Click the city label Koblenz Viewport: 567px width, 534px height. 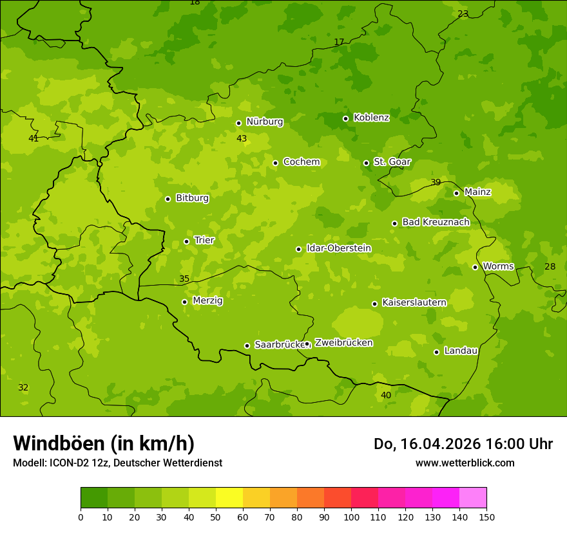tap(371, 118)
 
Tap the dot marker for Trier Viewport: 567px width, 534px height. tap(187, 241)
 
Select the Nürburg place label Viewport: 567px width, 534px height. tap(264, 122)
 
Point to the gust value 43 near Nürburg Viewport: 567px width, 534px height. tap(242, 138)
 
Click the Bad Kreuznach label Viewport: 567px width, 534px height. tap(436, 222)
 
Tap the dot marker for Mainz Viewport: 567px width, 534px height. tap(456, 193)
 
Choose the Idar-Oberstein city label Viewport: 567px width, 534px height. tap(338, 248)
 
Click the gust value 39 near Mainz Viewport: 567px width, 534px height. tap(436, 182)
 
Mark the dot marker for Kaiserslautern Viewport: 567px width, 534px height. tap(374, 304)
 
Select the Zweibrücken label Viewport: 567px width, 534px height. tap(343, 343)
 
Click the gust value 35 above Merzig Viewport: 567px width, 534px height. tap(184, 279)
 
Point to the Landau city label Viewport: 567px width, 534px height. tap(461, 351)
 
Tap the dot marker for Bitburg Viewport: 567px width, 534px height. tap(168, 199)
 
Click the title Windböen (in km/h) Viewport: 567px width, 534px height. tap(104, 443)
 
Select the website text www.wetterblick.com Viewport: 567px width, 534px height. tap(465, 463)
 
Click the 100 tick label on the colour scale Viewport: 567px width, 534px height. tap(351, 517)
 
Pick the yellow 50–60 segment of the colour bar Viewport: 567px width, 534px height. tap(229, 498)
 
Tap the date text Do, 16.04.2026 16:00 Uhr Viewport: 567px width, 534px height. tap(463, 444)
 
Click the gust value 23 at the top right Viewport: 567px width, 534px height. tap(463, 14)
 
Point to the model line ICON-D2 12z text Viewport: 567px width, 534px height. tap(117, 463)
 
